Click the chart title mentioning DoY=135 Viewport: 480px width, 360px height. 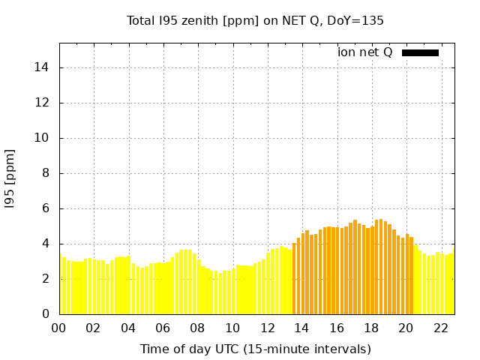point(255,21)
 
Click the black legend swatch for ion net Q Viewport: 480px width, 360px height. point(420,53)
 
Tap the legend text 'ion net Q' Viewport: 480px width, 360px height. point(364,52)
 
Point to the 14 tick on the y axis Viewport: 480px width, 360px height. point(41,67)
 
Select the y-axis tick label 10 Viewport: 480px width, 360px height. point(41,138)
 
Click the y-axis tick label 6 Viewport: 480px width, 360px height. point(46,208)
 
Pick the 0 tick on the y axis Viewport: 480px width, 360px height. point(46,314)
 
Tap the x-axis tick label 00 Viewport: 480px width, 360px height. point(58,328)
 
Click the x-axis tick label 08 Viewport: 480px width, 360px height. point(197,328)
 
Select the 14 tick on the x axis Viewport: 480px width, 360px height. point(301,328)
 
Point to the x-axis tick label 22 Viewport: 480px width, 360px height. point(441,328)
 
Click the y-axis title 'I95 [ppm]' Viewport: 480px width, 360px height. point(10,179)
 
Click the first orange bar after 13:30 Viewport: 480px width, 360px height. point(294,278)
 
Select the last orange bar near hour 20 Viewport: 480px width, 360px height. point(412,275)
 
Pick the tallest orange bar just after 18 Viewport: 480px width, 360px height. point(381,267)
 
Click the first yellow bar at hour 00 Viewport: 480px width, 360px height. point(61,284)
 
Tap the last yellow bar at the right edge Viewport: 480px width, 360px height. point(454,281)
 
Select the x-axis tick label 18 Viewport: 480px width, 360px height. point(371,328)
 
